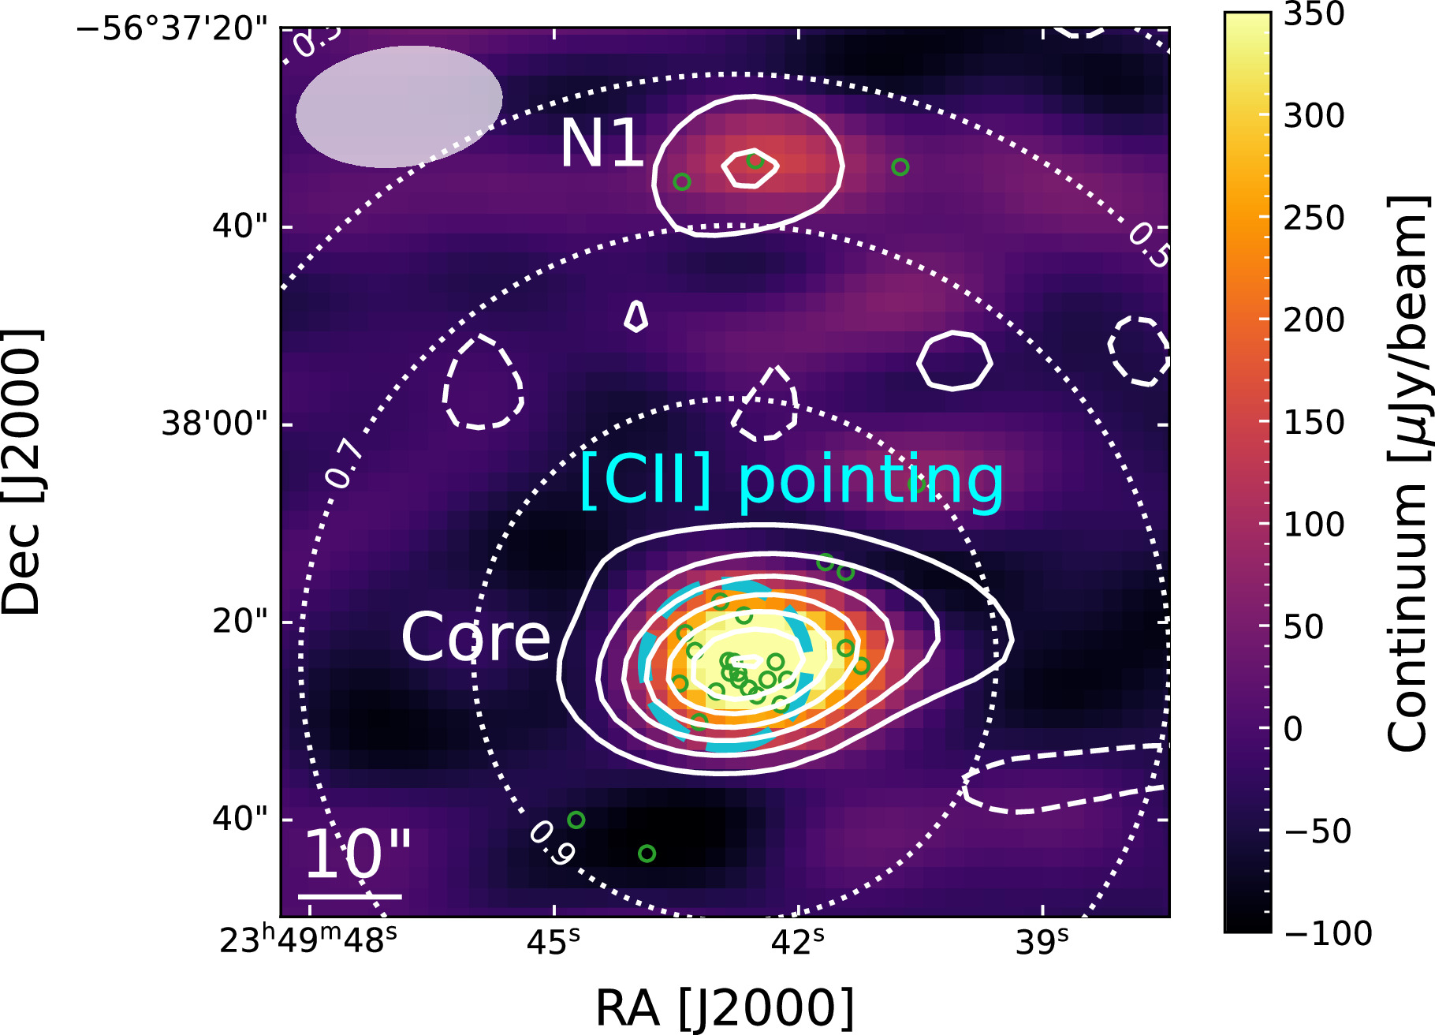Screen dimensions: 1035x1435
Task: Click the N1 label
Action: tap(601, 144)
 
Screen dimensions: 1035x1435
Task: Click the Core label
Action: tap(475, 637)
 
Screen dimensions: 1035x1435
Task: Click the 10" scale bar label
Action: tap(356, 855)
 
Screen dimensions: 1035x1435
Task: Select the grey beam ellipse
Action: tap(399, 106)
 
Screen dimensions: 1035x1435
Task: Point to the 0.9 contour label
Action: tap(552, 843)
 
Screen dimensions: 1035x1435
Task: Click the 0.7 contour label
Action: tap(345, 463)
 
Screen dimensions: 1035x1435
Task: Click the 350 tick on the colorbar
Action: tap(1314, 14)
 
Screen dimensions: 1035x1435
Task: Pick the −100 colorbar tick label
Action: tap(1328, 934)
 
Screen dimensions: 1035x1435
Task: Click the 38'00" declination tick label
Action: tap(214, 424)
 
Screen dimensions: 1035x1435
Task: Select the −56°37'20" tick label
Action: tap(172, 29)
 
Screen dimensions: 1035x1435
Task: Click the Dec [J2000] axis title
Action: tap(21, 472)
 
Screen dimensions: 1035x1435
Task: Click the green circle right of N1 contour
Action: tap(900, 167)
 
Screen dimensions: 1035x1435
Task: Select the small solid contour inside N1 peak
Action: tap(751, 169)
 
